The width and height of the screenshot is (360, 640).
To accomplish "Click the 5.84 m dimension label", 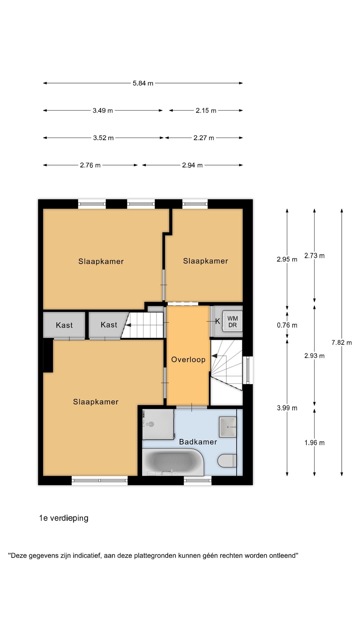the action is click(x=143, y=83).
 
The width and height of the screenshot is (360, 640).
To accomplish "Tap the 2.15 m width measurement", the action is click(x=206, y=111).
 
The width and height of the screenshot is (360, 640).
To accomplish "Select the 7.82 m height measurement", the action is click(x=342, y=342).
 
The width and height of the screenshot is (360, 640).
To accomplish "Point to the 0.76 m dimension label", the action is click(x=287, y=325).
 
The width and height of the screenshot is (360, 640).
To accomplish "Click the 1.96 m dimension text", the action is click(x=314, y=443).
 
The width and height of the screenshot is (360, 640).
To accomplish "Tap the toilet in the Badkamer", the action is click(x=227, y=461).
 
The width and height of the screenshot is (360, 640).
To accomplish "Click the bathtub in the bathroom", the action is click(x=173, y=462).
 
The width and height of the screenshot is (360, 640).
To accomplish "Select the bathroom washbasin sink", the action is click(x=228, y=427).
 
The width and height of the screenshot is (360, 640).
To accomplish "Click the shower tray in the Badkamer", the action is click(x=158, y=424).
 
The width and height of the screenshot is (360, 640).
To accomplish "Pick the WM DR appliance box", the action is click(x=232, y=322).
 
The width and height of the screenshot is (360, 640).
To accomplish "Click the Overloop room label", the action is click(x=188, y=360).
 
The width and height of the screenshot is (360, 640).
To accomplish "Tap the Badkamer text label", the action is click(x=198, y=442).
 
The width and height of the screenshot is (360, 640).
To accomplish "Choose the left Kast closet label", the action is click(x=64, y=325).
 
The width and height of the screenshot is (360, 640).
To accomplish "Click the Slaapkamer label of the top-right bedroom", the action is click(x=206, y=261).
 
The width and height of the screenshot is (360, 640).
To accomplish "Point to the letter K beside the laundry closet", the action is click(x=218, y=321).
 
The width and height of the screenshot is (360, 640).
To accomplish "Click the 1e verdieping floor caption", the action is click(x=64, y=518).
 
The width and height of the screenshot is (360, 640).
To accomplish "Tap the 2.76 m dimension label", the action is click(x=90, y=165).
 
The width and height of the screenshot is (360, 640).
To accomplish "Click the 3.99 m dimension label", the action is click(x=287, y=408).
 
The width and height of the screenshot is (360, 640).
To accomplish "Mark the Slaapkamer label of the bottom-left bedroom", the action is click(x=96, y=402).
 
